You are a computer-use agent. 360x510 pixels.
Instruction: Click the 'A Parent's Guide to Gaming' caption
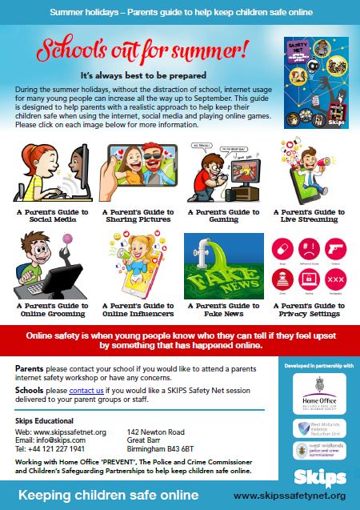[x=223, y=216]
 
